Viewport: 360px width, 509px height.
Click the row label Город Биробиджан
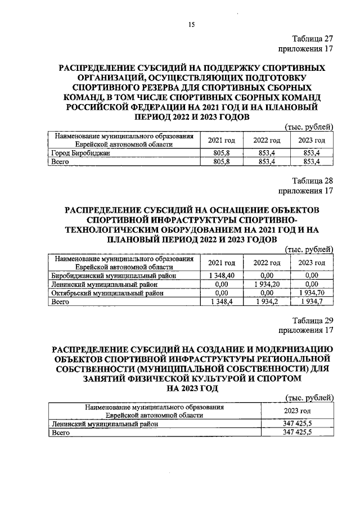78,153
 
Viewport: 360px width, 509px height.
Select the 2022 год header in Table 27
267,140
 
